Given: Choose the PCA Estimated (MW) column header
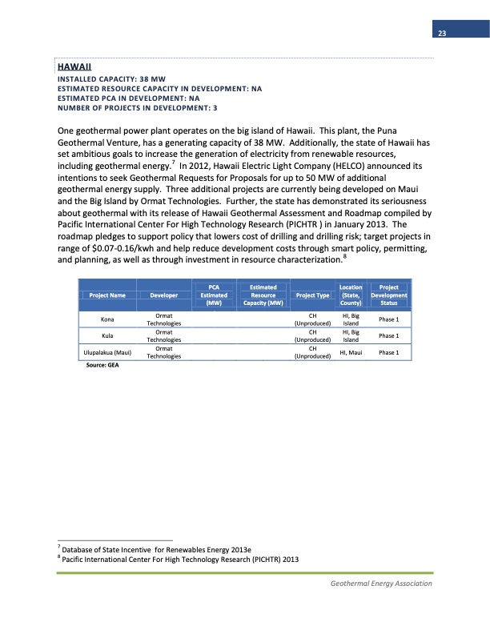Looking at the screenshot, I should [213, 295].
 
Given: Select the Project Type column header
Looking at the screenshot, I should [313, 295].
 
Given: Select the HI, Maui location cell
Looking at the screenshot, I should [350, 353].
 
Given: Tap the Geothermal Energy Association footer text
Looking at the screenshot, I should [381, 584].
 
